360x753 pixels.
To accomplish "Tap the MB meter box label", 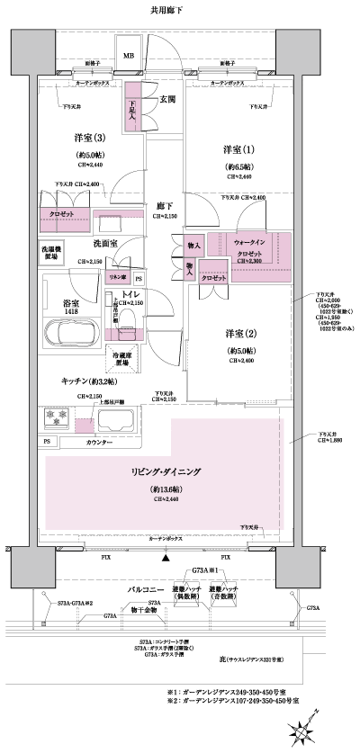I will (x=129, y=56).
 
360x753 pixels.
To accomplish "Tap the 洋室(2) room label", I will (x=243, y=334).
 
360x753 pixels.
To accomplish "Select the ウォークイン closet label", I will (x=249, y=243).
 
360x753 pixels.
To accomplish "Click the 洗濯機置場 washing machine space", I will (x=52, y=251).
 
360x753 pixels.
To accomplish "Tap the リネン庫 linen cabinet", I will (x=117, y=277).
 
